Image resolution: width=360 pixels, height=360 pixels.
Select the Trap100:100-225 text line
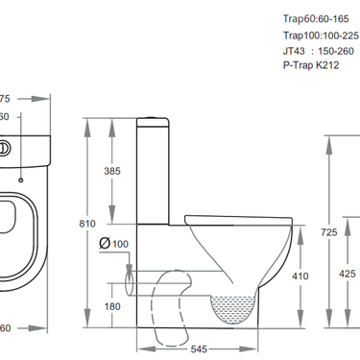(x=322, y=35)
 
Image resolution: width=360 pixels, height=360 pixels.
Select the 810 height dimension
(x=87, y=224)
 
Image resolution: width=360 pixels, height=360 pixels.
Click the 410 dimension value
(x=299, y=276)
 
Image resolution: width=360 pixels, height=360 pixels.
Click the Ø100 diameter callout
(x=112, y=245)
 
